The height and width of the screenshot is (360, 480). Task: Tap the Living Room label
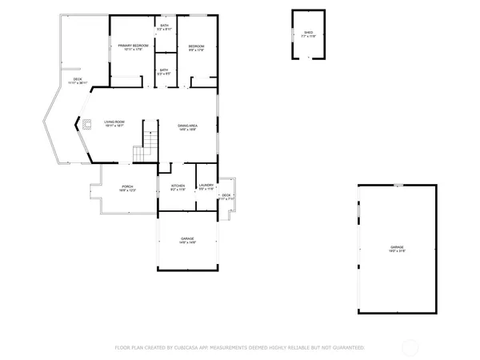[x=114, y=122]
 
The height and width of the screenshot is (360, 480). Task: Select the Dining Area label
[x=188, y=126]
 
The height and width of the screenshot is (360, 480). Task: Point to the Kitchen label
[x=178, y=186]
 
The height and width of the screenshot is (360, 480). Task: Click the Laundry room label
[x=206, y=186]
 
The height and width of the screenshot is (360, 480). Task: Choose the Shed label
[x=308, y=34]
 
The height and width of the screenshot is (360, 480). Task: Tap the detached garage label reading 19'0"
[x=397, y=248]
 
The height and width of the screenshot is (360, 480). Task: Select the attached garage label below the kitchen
[x=187, y=240]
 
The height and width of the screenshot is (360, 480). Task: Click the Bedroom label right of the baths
[x=196, y=47]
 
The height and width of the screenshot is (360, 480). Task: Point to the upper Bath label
[x=164, y=26]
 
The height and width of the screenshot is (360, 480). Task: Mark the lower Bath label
[x=163, y=70]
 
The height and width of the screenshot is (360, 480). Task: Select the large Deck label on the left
[x=78, y=81]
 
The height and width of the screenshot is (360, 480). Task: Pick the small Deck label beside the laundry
[x=226, y=196]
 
